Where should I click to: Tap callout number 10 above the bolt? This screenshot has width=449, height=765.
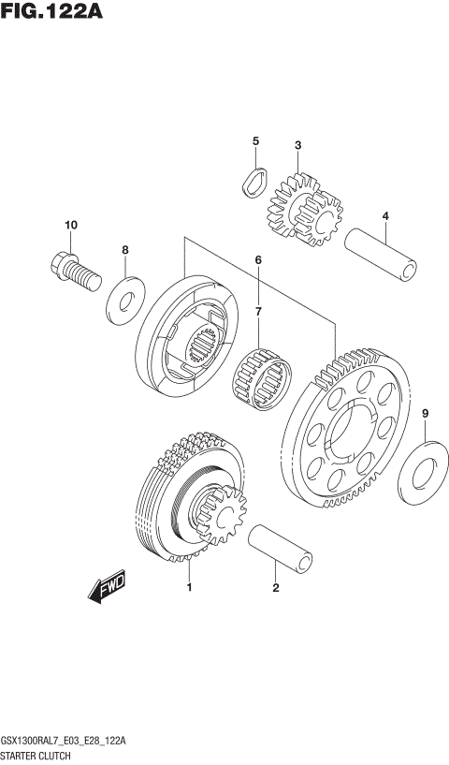coord(70,226)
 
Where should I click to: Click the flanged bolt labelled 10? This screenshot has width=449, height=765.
coord(71,269)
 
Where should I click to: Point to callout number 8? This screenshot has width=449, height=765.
coord(124,250)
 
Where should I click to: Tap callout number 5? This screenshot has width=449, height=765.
coord(254,141)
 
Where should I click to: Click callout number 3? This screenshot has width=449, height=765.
coord(297,145)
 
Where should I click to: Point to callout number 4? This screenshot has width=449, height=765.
coord(384,217)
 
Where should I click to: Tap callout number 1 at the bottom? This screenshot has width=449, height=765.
coord(189,588)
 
